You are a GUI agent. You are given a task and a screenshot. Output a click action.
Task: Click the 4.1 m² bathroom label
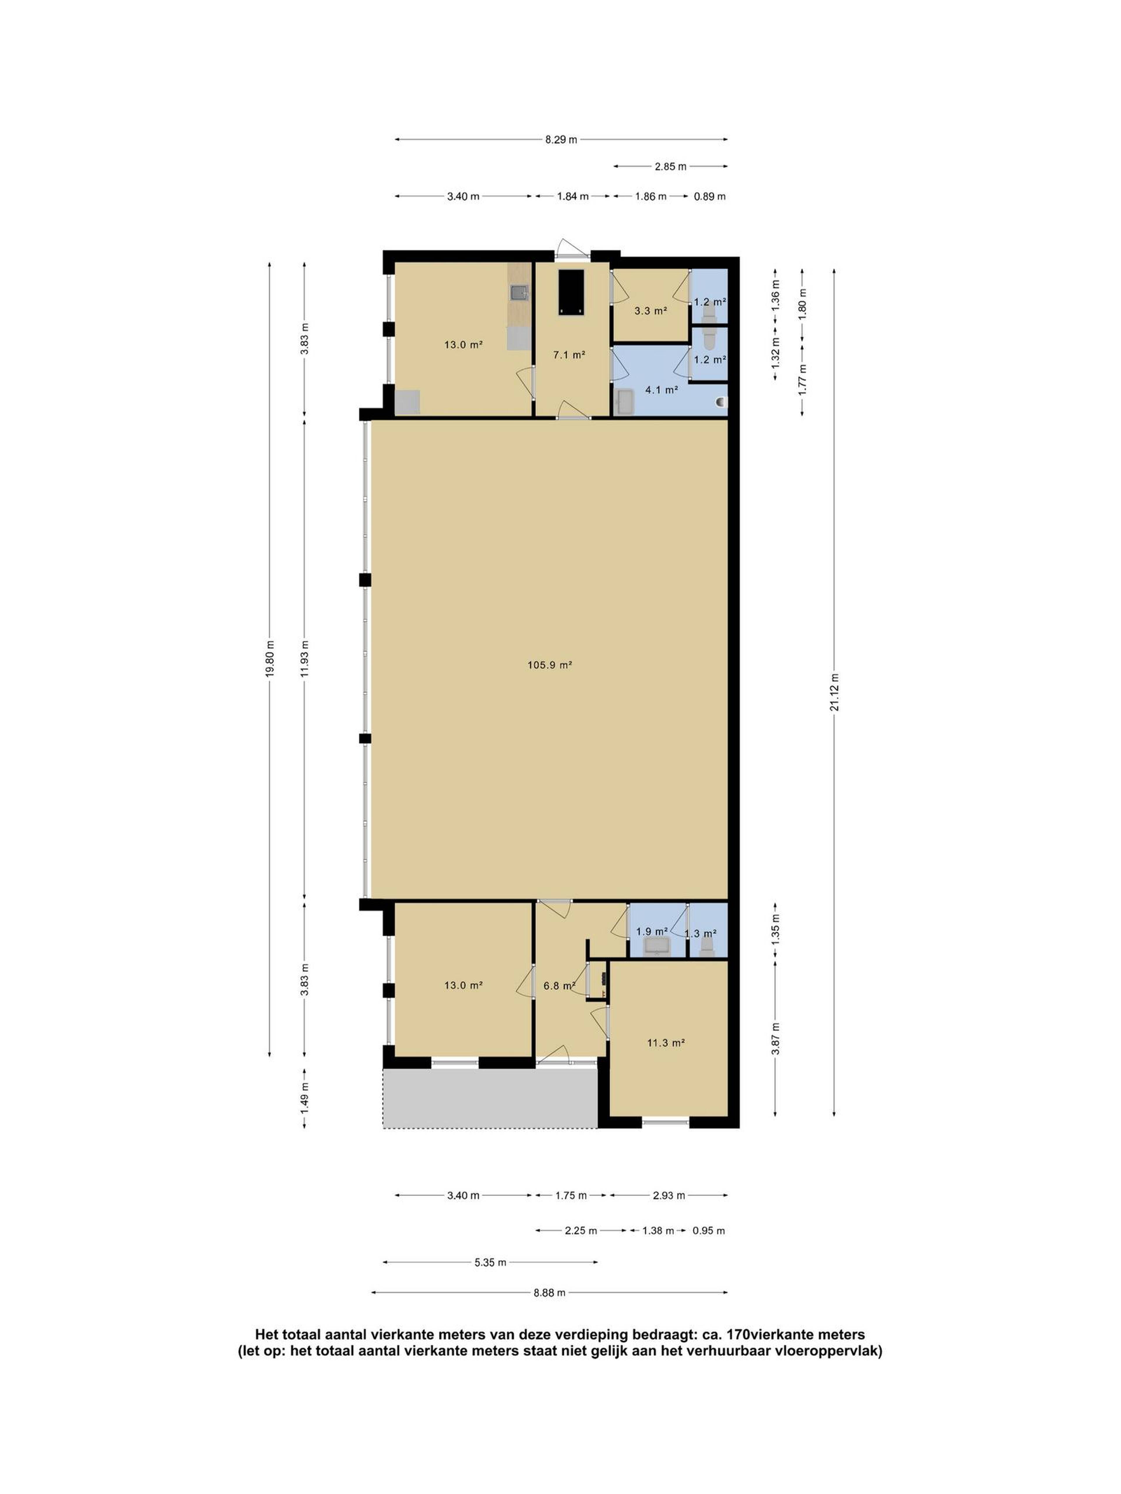(x=661, y=390)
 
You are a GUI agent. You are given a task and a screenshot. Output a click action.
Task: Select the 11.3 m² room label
(x=666, y=1043)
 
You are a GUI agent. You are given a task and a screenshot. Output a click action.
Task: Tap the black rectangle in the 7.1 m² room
(x=571, y=292)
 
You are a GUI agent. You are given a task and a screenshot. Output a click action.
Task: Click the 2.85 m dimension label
(x=670, y=166)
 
